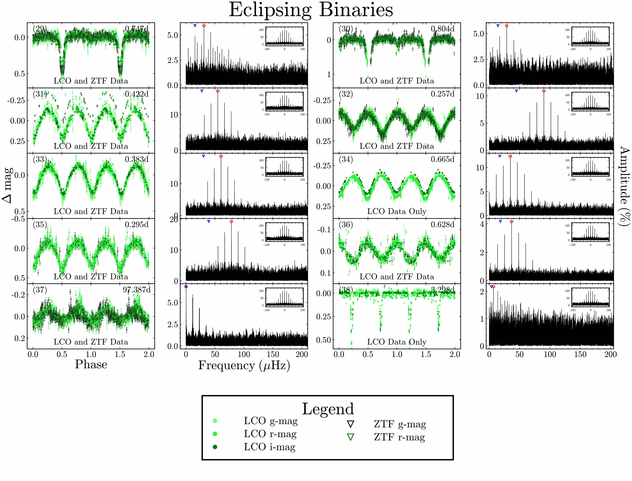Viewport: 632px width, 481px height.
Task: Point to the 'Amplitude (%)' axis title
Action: (x=625, y=186)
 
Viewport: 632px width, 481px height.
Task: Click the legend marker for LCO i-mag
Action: (x=215, y=447)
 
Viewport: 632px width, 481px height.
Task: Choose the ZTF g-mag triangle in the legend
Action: (x=350, y=424)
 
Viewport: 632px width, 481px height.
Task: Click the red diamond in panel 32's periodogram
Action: (x=544, y=91)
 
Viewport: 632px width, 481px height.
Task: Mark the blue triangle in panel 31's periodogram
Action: (x=202, y=91)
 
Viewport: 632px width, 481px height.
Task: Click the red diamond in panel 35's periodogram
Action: (x=232, y=222)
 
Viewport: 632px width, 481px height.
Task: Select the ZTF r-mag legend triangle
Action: (x=350, y=437)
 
